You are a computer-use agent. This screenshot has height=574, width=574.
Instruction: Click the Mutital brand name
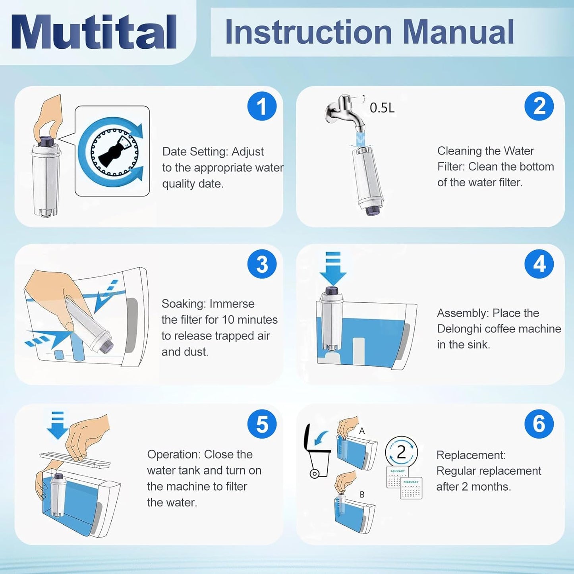94,31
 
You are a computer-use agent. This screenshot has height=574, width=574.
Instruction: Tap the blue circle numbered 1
262,106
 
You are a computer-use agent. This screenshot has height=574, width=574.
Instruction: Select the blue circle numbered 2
539,106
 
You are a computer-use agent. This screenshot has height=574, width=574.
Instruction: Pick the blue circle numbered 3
262,264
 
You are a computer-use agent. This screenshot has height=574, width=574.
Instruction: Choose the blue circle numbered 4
539,264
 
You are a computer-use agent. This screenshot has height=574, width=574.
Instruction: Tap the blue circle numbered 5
262,424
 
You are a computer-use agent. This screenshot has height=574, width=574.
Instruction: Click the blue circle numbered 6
539,424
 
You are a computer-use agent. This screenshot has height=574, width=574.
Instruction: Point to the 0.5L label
382,108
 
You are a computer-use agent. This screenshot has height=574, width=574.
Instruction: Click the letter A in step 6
362,431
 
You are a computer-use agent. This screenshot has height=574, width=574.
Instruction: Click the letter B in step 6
362,495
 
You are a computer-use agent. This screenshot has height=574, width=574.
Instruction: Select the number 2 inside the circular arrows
401,452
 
